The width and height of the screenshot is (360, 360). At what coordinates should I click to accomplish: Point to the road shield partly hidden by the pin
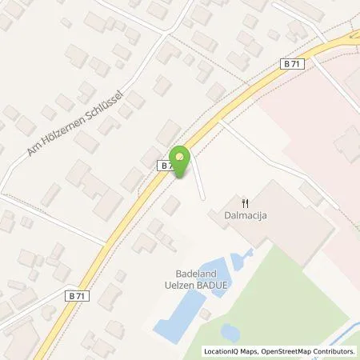pos(166,165)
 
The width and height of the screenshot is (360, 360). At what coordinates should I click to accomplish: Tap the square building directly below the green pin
pos(171,206)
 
